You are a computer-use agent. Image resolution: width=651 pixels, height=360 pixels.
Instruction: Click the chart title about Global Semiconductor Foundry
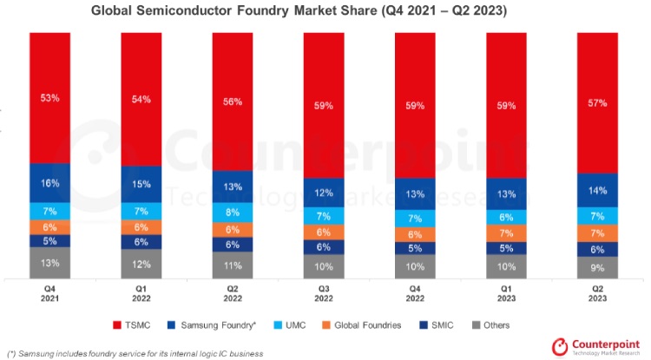325,13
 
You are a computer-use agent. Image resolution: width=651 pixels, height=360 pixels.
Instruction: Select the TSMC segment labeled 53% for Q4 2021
49,98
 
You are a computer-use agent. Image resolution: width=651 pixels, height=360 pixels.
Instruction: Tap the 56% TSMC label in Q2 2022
233,101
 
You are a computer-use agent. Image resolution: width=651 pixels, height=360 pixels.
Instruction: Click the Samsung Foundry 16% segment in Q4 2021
49,183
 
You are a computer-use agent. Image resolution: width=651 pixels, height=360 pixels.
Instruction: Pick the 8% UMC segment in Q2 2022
233,213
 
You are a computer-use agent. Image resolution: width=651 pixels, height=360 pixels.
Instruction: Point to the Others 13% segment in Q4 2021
49,263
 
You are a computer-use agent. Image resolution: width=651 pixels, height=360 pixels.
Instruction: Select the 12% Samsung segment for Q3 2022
324,193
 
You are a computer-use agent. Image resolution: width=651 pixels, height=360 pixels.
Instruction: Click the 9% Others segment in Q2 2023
597,267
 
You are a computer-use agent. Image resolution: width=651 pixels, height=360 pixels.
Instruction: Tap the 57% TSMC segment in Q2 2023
597,102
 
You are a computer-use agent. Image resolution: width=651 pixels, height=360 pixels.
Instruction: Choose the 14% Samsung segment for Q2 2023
597,190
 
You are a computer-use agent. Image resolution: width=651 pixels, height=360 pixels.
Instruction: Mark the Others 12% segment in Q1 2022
141,264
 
